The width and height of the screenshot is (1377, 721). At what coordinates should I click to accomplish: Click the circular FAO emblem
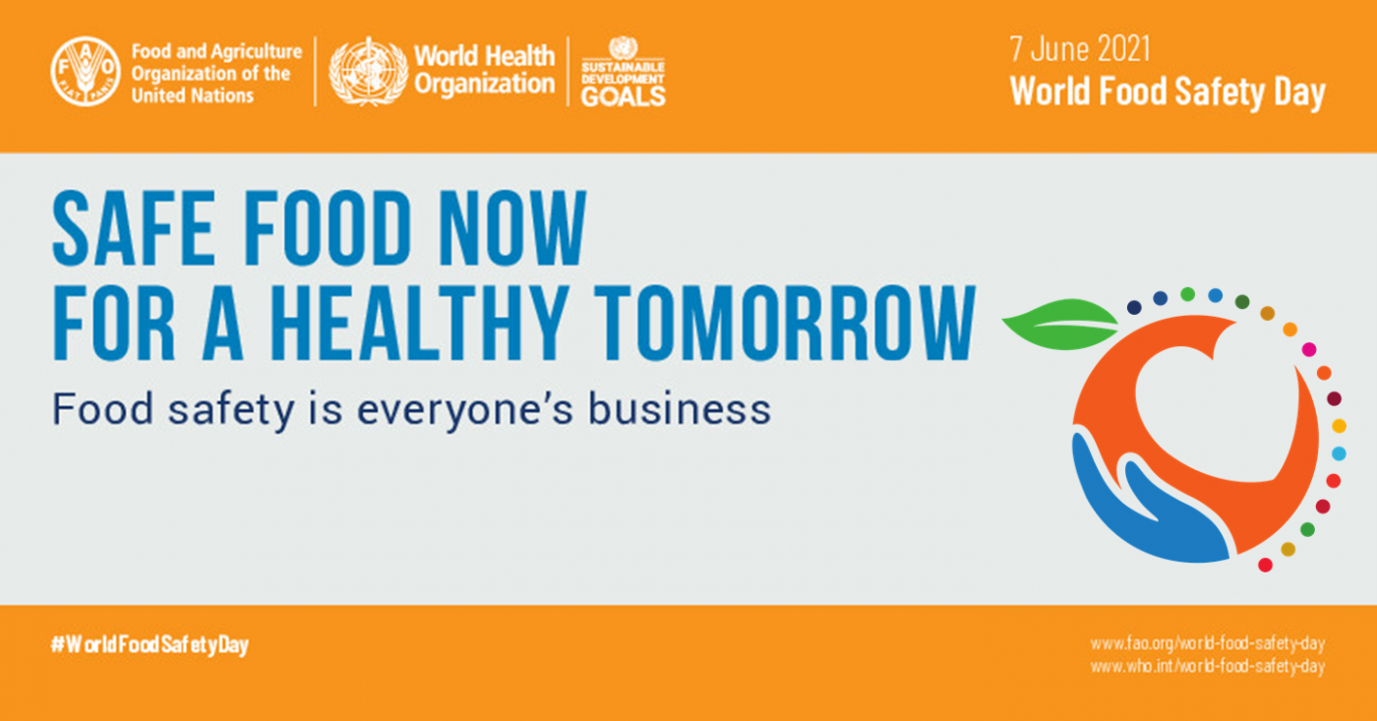point(86,71)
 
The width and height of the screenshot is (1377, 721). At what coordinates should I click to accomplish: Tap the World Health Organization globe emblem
point(368,72)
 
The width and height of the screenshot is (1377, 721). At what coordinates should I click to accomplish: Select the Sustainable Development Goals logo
point(623,72)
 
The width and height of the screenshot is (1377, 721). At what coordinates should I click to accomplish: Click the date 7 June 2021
point(1080,49)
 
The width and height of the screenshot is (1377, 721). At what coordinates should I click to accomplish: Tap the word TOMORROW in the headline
point(788,324)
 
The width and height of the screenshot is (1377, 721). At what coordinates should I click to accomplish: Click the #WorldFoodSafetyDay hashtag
point(150,645)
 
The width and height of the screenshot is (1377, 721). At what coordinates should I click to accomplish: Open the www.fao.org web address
point(1208,643)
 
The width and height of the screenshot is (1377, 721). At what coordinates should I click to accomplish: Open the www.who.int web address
point(1208,666)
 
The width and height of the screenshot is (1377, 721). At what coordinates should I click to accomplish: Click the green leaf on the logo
point(1060,324)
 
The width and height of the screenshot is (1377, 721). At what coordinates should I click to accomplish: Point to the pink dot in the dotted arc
point(1309,350)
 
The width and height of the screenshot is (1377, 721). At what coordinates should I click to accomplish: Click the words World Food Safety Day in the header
point(1167,92)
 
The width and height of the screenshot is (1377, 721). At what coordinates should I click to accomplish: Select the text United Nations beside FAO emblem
point(193,95)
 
